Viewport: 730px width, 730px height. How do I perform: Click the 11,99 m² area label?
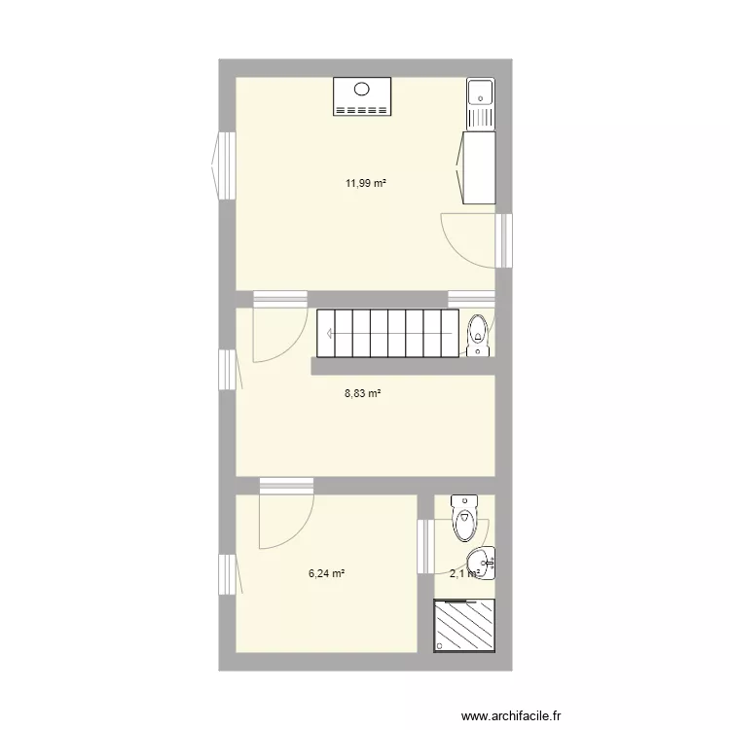(x=359, y=182)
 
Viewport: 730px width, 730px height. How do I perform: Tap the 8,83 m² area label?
(x=362, y=393)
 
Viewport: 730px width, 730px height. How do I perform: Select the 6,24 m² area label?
(x=327, y=573)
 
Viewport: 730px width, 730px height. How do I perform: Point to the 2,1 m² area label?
(x=464, y=573)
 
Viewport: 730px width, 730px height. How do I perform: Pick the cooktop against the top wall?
(x=362, y=96)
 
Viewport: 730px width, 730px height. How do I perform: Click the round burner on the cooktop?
(x=362, y=89)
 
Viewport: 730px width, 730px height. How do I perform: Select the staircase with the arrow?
(x=387, y=334)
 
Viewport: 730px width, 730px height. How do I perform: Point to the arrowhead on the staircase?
(x=330, y=334)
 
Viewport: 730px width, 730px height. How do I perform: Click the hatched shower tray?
(x=463, y=627)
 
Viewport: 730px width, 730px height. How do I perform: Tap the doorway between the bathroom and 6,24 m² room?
(x=424, y=546)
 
